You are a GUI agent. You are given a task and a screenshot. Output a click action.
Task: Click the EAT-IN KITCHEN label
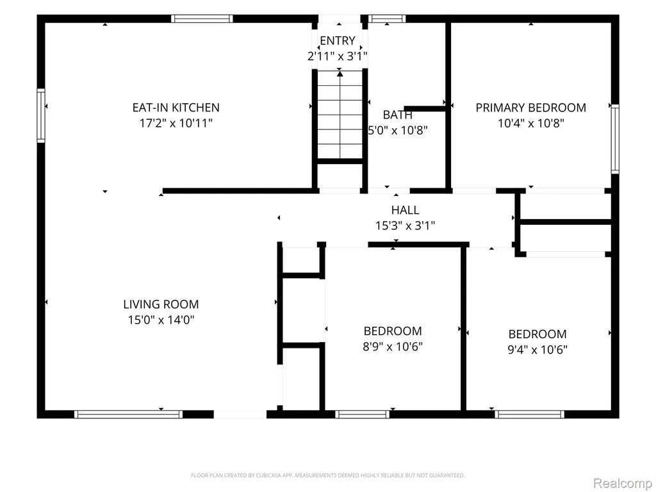click(176, 108)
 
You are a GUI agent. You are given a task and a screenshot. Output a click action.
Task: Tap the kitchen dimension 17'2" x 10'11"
click(176, 124)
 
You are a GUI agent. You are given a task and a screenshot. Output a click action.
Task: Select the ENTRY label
click(338, 40)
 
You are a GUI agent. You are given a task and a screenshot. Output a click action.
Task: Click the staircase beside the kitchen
click(340, 115)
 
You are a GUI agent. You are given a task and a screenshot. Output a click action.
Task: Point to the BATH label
click(397, 115)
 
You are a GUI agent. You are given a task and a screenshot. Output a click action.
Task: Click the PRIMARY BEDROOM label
click(531, 108)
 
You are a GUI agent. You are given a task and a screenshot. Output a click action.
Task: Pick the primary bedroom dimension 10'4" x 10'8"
click(531, 124)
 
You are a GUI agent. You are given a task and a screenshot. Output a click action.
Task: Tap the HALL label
click(405, 210)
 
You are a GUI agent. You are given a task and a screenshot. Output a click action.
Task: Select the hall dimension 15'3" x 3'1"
click(405, 226)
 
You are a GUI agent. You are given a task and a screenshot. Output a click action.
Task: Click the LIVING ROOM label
click(161, 304)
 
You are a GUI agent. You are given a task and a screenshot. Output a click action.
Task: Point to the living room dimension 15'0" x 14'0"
click(161, 320)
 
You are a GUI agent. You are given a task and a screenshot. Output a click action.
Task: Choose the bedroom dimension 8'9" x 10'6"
click(393, 347)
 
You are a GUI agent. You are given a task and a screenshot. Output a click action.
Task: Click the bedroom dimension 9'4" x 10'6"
click(537, 350)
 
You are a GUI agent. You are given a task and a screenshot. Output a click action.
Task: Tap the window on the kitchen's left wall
click(41, 115)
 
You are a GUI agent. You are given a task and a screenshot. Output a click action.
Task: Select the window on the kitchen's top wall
click(202, 19)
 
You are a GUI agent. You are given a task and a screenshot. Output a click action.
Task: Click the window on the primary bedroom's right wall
click(615, 139)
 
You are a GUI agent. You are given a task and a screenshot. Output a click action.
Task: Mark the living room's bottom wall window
click(128, 414)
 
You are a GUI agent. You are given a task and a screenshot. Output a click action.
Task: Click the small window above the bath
click(387, 19)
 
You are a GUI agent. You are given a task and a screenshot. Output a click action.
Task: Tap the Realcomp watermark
click(622, 483)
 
